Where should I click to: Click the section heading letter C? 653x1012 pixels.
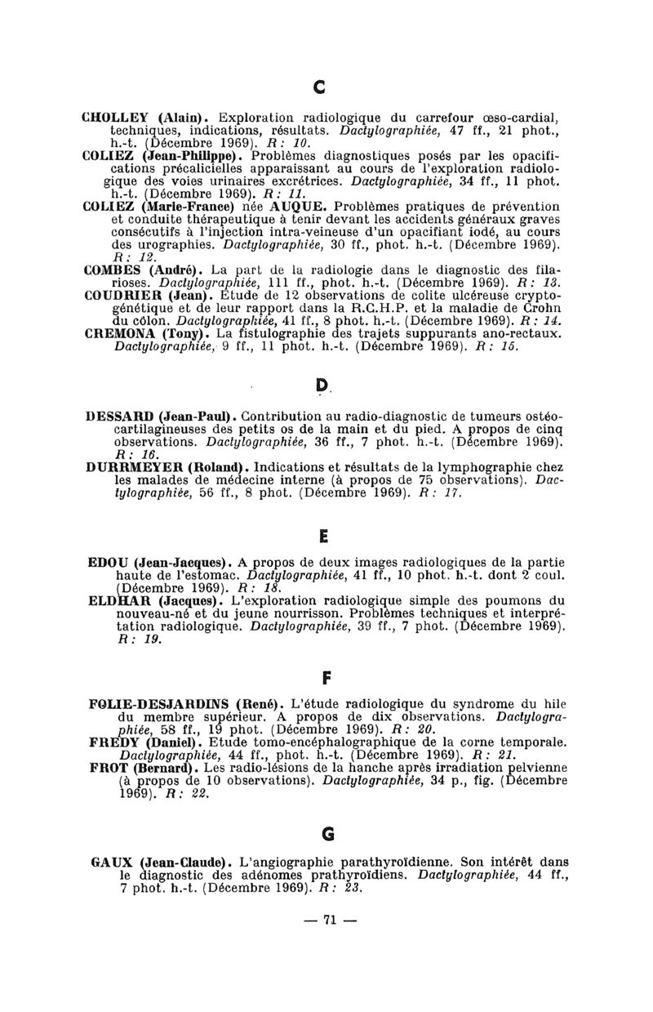coord(320,83)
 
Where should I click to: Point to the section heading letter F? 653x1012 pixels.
coord(327,677)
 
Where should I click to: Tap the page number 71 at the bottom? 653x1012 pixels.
coord(329,920)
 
